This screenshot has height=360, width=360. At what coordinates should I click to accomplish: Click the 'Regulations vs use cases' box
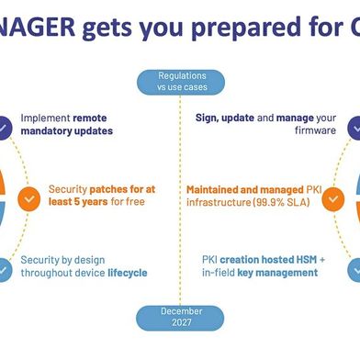click(x=179, y=81)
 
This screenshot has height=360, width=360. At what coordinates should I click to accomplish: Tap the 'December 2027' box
click(x=179, y=318)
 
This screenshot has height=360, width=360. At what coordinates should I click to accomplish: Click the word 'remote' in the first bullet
click(x=96, y=118)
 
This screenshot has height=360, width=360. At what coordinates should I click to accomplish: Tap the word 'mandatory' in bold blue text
click(x=46, y=131)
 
